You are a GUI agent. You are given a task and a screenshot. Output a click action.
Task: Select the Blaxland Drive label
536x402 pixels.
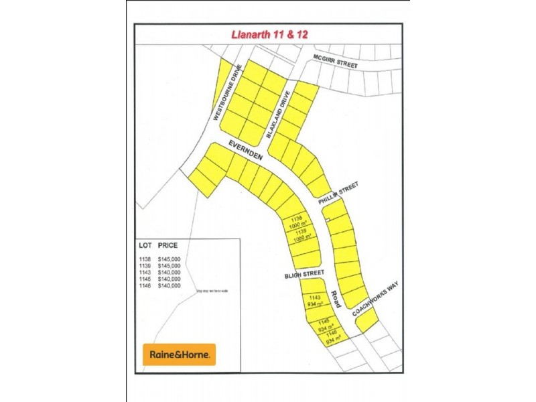(x=279, y=113)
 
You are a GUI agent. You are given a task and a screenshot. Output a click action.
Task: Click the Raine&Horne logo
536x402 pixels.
(x=179, y=354)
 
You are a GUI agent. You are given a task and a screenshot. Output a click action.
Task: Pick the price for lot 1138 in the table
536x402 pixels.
(x=170, y=259)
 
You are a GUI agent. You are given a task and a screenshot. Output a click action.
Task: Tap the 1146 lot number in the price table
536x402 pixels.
(x=145, y=285)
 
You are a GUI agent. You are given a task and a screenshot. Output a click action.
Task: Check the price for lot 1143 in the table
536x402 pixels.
(x=170, y=272)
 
